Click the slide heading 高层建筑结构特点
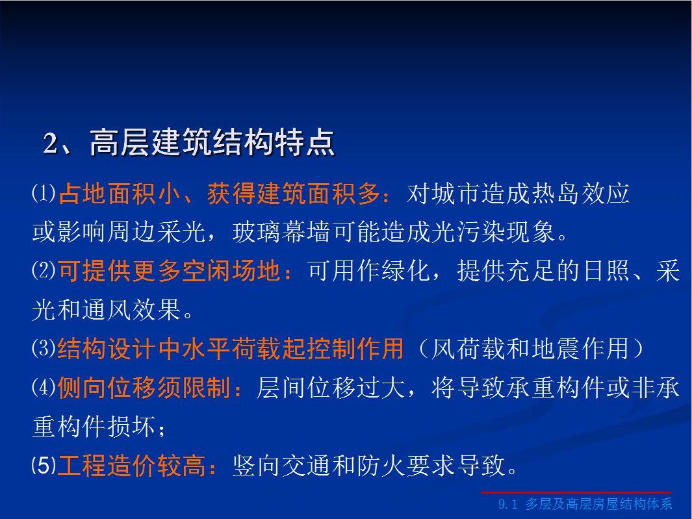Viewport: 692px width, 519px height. [x=212, y=142]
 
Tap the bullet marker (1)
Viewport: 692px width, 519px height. [x=44, y=194]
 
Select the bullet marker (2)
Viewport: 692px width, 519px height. [x=44, y=270]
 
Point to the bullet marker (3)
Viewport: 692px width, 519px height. [x=44, y=348]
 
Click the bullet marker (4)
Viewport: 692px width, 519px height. [x=44, y=387]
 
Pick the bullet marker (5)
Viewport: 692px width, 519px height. [x=44, y=465]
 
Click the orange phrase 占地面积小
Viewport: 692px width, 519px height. [x=120, y=194]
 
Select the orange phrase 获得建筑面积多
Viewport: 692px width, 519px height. [x=294, y=194]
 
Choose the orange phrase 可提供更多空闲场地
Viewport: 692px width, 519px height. [x=169, y=270]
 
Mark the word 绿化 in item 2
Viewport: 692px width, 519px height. [x=406, y=270]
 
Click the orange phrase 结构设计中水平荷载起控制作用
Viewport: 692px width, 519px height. [x=231, y=348]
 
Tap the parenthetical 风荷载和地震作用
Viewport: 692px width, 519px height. [x=530, y=348]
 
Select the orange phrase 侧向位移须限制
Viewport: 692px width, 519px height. [x=144, y=387]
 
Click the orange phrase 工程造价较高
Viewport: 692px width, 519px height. [x=132, y=465]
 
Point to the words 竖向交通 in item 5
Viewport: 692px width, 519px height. [x=281, y=465]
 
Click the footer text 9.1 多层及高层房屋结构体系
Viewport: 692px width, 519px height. [x=585, y=503]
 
